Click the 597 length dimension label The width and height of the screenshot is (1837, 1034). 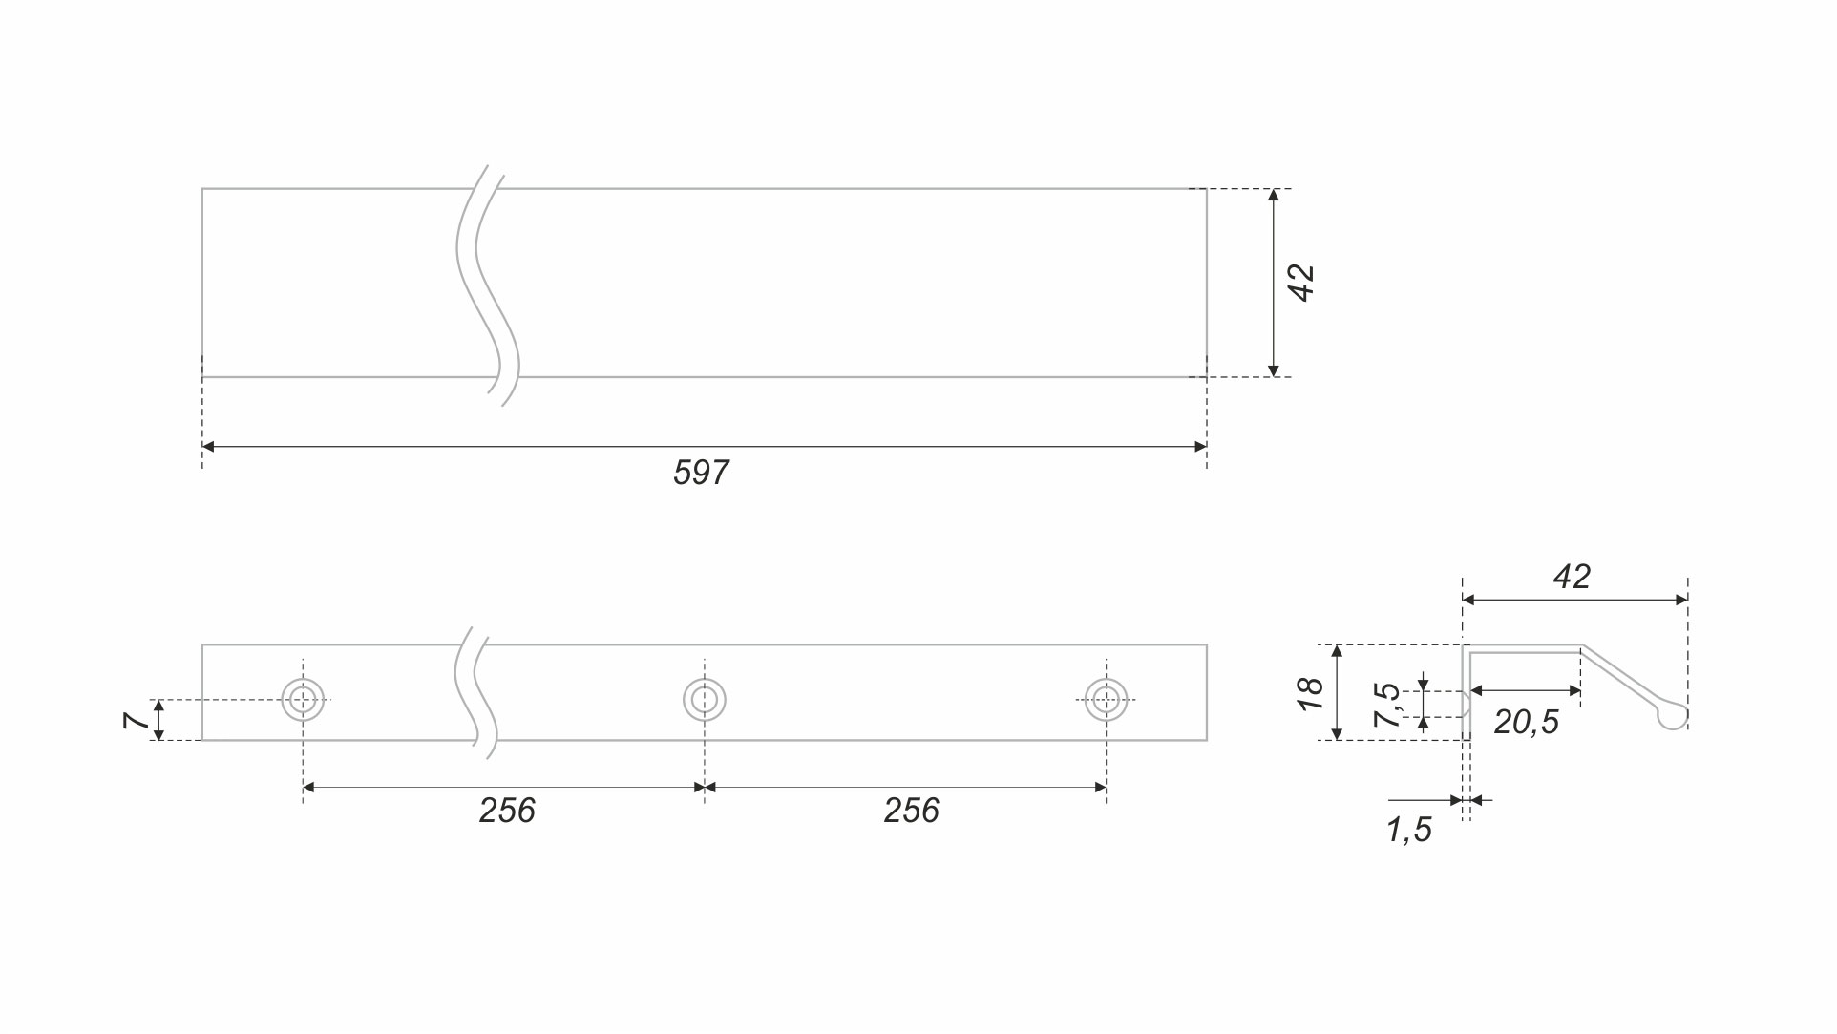(701, 473)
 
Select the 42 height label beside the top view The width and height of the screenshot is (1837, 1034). (1302, 284)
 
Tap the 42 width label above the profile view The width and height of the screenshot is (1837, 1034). (1572, 577)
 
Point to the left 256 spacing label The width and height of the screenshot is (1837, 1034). (507, 811)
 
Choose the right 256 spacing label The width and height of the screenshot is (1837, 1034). (912, 811)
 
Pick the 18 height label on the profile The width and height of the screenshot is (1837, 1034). (1311, 693)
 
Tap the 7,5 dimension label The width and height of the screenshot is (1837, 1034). (1387, 706)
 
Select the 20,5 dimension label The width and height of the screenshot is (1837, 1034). (1526, 723)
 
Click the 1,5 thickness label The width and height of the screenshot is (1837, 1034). (1409, 831)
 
